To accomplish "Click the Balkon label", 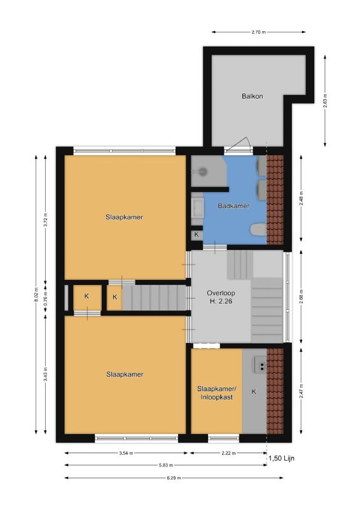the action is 253,96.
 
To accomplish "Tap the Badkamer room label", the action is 233,206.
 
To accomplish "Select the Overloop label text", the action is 221,293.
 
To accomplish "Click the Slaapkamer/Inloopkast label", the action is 216,393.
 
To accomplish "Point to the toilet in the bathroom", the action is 258,230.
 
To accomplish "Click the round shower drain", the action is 203,171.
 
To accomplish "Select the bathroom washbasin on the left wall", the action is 197,207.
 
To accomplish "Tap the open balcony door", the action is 238,145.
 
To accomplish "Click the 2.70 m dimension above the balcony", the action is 258,32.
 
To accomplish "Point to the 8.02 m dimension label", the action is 36,295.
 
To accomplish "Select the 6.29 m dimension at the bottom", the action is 174,478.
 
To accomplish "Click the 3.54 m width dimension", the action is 126,453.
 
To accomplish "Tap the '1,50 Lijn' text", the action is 281,458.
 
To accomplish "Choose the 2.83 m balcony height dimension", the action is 325,101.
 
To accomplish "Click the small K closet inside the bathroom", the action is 197,234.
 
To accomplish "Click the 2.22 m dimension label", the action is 228,453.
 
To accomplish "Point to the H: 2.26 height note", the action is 221,301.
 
